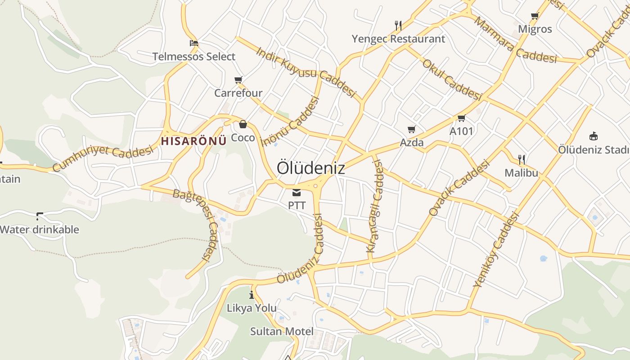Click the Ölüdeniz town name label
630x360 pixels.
pyautogui.click(x=311, y=168)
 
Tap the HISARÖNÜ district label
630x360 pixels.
pyautogui.click(x=193, y=141)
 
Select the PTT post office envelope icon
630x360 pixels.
pyautogui.click(x=297, y=193)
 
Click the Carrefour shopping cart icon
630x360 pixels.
pyautogui.click(x=238, y=80)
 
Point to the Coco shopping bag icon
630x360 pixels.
pyautogui.click(x=243, y=124)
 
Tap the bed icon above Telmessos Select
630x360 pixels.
pyautogui.click(x=194, y=43)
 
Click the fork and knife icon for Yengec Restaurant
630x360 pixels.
pyautogui.click(x=398, y=25)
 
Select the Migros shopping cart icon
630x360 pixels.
pyautogui.click(x=535, y=16)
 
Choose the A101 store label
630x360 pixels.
pyautogui.click(x=462, y=131)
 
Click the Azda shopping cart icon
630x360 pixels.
pyautogui.click(x=411, y=130)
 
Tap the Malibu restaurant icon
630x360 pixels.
pyautogui.click(x=522, y=159)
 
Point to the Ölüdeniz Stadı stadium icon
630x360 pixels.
pyautogui.click(x=594, y=136)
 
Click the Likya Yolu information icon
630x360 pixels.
pyautogui.click(x=252, y=295)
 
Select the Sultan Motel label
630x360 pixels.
pyautogui.click(x=282, y=332)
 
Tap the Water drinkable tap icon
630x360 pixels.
pyautogui.click(x=40, y=216)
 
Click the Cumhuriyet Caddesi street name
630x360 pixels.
pyautogui.click(x=103, y=158)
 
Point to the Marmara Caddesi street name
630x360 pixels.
pyautogui.click(x=515, y=40)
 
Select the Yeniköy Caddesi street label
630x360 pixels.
pyautogui.click(x=497, y=250)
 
